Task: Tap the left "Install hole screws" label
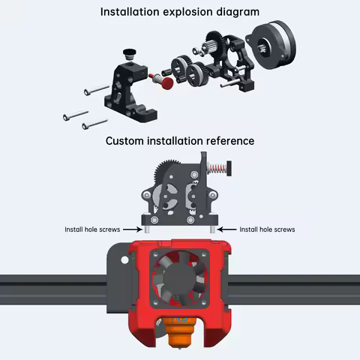point(92,229)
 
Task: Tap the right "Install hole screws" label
point(267,229)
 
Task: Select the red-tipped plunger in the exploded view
point(162,79)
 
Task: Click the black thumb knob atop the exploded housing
point(130,53)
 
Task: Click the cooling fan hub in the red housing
point(179,280)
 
